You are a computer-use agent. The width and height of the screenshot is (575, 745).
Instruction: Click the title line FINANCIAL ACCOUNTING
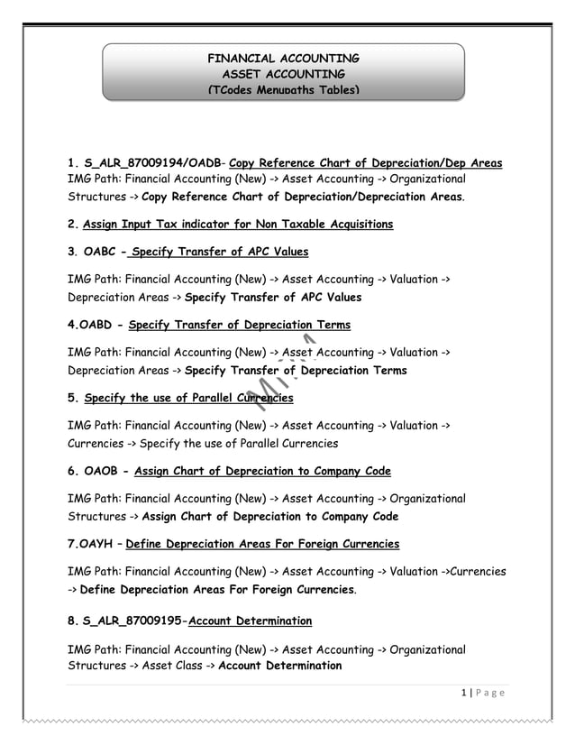point(283,57)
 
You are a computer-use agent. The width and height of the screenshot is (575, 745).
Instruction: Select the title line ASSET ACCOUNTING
point(283,73)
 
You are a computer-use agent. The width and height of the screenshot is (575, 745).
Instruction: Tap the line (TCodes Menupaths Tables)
point(283,90)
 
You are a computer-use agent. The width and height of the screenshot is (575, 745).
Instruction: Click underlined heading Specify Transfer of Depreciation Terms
point(240,325)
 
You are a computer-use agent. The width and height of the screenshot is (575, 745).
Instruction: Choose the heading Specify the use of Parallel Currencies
point(188,397)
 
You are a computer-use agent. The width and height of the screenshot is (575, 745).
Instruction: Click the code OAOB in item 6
point(102,471)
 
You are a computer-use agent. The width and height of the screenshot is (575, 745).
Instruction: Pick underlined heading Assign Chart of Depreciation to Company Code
point(262,471)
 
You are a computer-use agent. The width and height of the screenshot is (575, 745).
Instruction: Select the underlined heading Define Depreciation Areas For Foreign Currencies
point(262,544)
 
